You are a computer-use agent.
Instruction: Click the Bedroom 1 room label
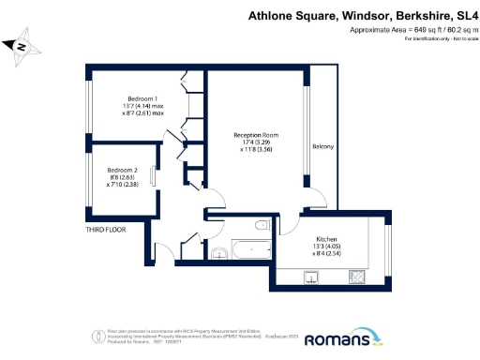pos(143,98)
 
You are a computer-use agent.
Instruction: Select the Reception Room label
pos(256,135)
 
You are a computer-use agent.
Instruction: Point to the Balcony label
pos(322,147)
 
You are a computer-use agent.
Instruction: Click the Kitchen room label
pos(325,239)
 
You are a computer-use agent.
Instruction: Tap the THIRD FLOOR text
pos(106,228)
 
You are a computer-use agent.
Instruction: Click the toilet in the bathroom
pos(262,226)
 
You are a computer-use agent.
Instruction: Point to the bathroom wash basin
pos(218,250)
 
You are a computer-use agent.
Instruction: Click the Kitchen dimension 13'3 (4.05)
pos(325,247)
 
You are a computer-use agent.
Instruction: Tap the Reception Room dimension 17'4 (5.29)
pos(256,142)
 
